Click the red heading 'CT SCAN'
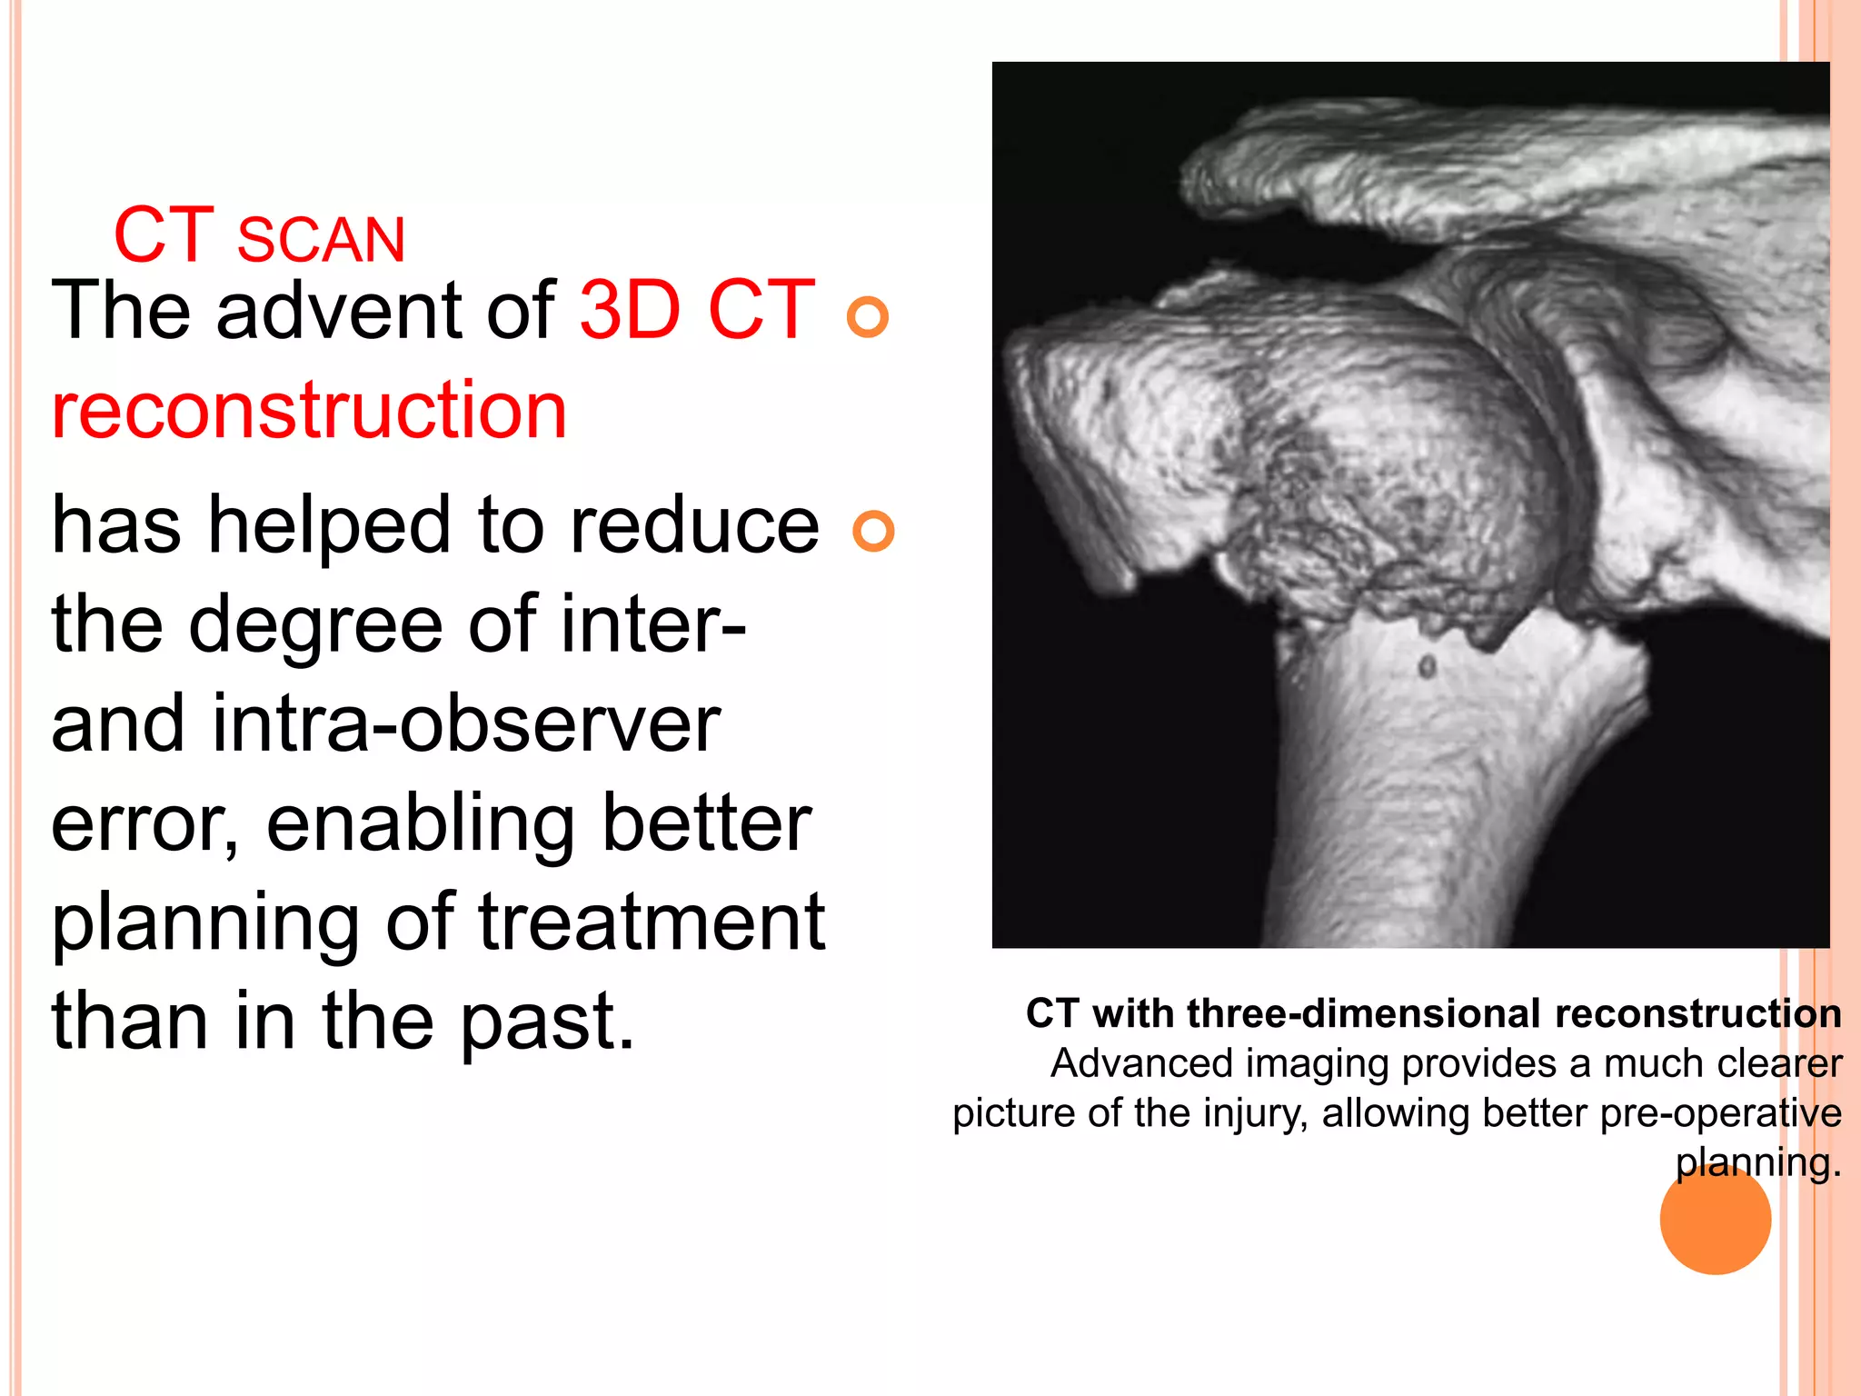259,236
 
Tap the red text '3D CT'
697,311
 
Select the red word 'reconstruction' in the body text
309,410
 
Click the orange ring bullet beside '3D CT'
867,316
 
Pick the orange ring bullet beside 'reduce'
873,531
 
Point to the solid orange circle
1715,1218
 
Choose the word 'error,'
145,823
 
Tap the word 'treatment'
652,922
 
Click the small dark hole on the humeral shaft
1427,667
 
